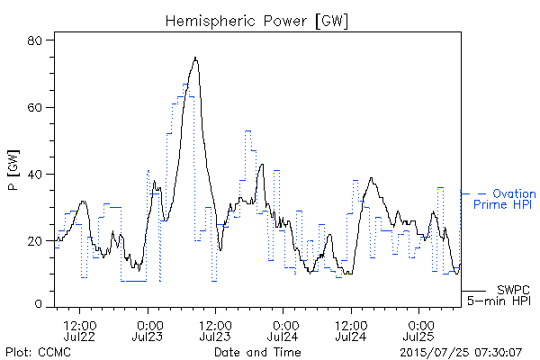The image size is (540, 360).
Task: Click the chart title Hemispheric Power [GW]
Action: [256, 22]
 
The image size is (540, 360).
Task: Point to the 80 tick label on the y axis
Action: [34, 40]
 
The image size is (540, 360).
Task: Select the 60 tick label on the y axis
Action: [34, 107]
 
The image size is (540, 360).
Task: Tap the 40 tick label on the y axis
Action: [34, 175]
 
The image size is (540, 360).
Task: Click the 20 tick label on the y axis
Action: [34, 241]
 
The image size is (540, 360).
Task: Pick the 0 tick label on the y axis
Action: [38, 304]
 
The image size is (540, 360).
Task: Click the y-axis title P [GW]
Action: [13, 170]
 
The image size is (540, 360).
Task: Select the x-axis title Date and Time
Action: [257, 352]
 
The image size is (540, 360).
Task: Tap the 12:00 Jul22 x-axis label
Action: [79, 330]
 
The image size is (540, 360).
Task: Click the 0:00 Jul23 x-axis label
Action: [148, 330]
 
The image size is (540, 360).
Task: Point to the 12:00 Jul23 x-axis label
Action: [215, 330]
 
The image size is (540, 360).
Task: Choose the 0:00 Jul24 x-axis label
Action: [283, 330]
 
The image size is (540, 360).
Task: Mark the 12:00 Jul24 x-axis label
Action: [351, 330]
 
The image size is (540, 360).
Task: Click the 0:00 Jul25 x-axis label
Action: [418, 330]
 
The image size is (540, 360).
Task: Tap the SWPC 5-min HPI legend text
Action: [499, 295]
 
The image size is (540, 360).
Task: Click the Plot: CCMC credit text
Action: [38, 352]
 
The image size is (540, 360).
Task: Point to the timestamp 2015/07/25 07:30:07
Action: [461, 352]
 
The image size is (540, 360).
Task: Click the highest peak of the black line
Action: [195, 58]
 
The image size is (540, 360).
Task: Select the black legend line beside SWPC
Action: [473, 291]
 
